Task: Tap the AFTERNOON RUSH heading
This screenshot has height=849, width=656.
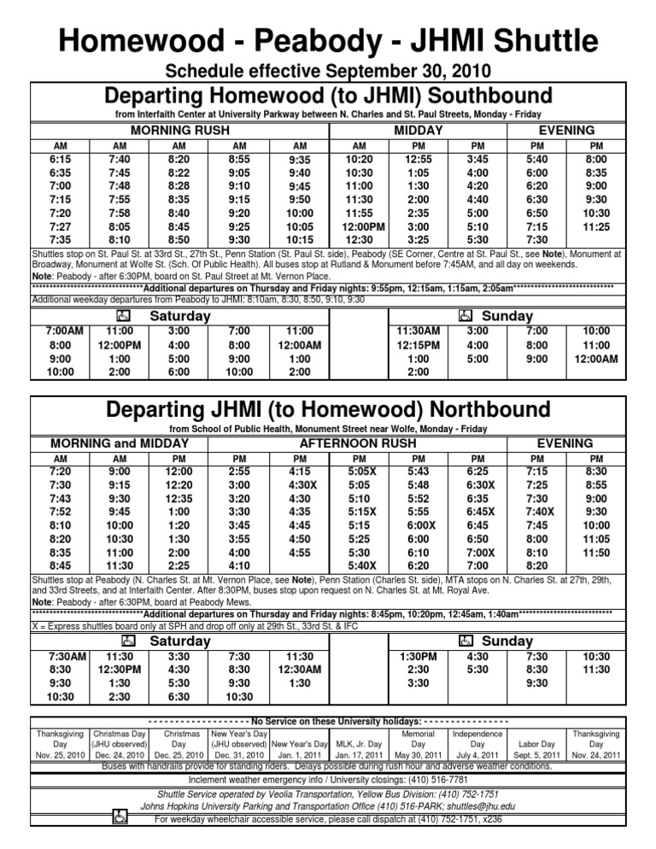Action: click(359, 443)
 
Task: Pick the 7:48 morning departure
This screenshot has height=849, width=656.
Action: click(120, 185)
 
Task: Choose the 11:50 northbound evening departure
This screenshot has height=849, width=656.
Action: click(595, 552)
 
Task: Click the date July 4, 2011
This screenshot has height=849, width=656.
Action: click(477, 754)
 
